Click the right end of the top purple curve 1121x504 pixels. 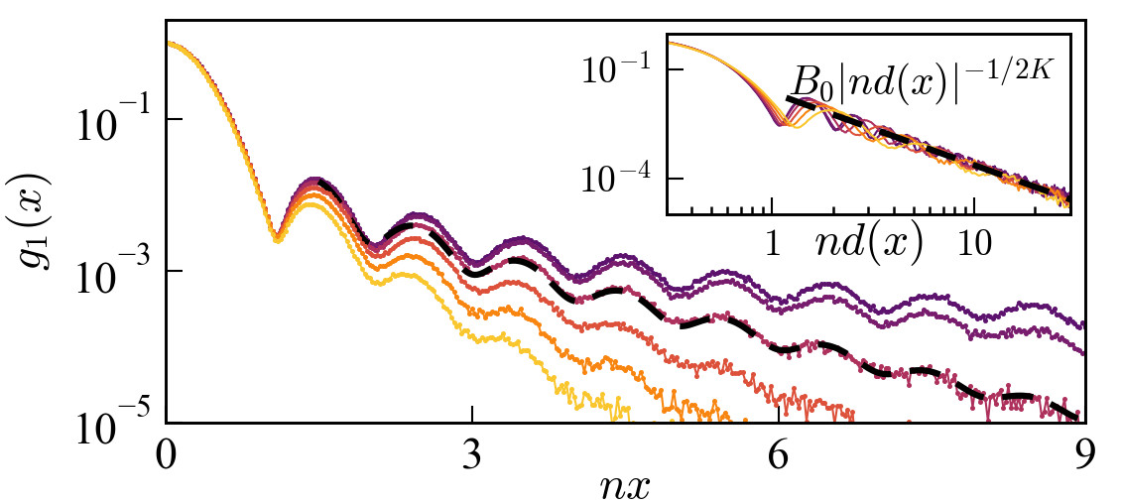click(1082, 324)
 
